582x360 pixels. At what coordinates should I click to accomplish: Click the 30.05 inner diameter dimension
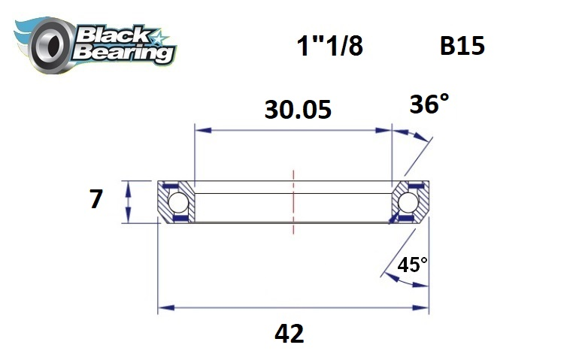tap(298, 110)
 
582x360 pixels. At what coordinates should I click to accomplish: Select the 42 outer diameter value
tap(289, 333)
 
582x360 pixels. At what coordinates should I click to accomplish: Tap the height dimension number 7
tap(95, 201)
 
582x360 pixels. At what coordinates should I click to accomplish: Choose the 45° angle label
tap(412, 265)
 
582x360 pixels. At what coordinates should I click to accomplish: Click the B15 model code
tap(462, 47)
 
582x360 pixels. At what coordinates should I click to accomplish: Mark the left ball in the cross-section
tap(177, 202)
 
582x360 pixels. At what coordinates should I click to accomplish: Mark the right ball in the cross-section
tap(408, 202)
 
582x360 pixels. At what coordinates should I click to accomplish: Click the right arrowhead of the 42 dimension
tap(424, 308)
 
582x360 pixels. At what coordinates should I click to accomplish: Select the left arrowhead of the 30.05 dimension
tap(200, 130)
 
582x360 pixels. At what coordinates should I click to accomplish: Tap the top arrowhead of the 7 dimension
tap(129, 186)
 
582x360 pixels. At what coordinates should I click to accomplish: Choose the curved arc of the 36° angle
tap(414, 136)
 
